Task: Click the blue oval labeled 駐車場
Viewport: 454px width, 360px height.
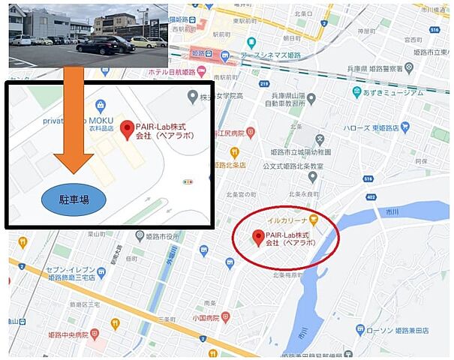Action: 74,199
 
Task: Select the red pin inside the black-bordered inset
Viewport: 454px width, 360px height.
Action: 127,129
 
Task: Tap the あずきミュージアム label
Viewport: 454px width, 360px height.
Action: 391,91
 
